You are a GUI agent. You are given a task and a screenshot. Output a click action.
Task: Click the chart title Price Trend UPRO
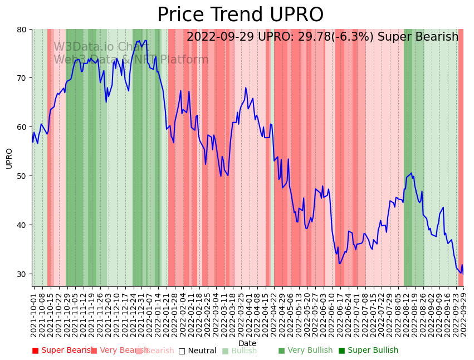(240, 15)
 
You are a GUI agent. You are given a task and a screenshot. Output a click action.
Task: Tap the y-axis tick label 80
(22, 29)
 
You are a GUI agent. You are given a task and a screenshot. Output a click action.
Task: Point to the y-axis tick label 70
(22, 78)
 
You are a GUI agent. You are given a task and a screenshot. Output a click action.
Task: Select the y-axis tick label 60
(22, 127)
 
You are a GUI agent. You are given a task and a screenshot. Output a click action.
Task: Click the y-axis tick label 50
(22, 176)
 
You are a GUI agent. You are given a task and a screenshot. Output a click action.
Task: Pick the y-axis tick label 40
(22, 225)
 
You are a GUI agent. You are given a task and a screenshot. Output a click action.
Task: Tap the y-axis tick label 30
(22, 274)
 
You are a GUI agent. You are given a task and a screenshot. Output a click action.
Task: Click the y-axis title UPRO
(9, 158)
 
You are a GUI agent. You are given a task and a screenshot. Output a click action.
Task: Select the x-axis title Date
(247, 344)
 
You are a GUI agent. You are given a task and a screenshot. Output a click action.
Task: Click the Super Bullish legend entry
(372, 351)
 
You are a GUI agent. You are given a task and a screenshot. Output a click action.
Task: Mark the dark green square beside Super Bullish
(342, 351)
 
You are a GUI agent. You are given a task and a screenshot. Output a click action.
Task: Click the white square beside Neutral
(182, 351)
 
